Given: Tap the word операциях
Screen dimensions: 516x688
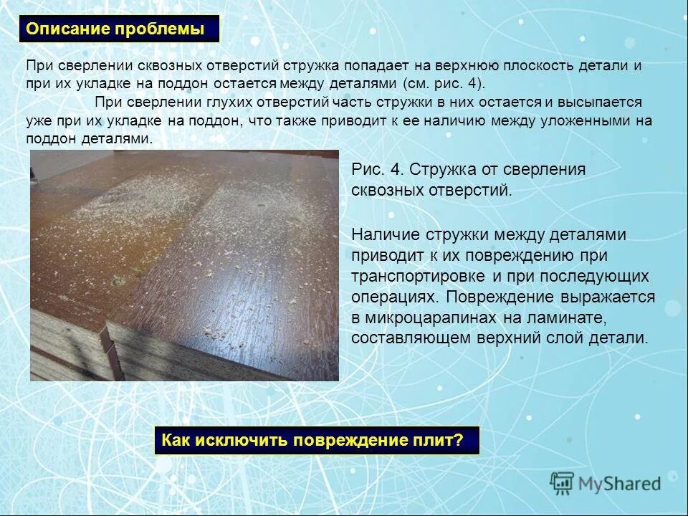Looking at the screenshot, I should pos(392,297).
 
